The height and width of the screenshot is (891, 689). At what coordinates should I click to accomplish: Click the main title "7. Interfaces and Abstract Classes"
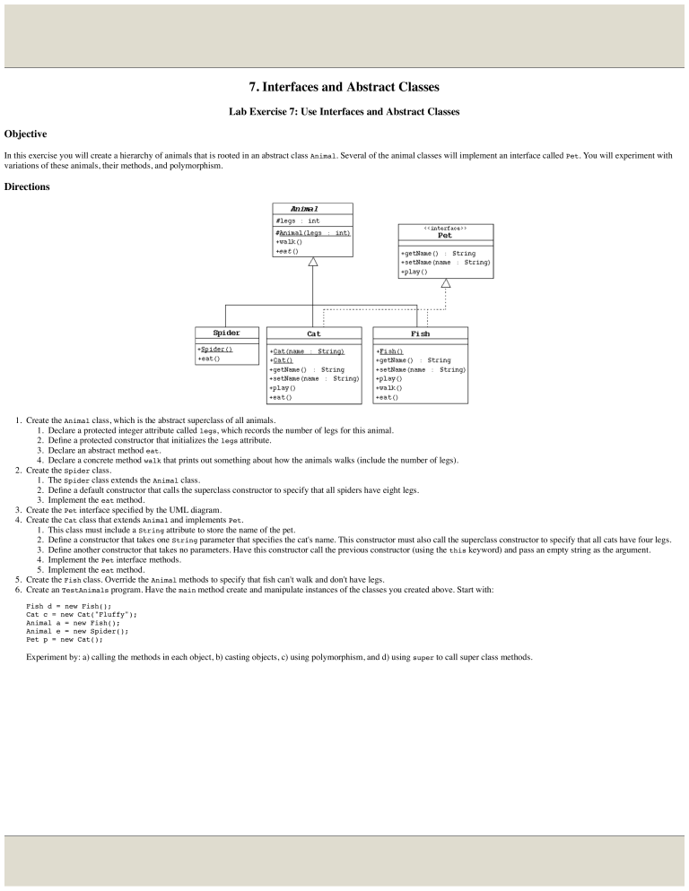pos(344,87)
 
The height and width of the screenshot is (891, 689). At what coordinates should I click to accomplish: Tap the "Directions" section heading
pos(29,186)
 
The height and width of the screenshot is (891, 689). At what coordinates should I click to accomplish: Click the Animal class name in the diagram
pos(312,209)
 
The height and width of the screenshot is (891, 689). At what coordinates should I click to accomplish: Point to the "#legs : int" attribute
pos(297,221)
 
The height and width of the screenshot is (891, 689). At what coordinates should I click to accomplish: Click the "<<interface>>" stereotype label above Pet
pos(445,229)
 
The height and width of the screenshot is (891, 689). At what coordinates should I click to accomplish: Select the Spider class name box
pos(225,333)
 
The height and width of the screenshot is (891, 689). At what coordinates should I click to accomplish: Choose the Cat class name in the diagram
pos(314,333)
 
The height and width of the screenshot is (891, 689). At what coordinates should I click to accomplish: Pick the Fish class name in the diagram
pos(420,333)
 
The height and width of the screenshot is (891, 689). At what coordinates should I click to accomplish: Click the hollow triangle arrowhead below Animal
pos(313,262)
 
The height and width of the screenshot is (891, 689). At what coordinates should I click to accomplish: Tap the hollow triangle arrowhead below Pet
pos(446,283)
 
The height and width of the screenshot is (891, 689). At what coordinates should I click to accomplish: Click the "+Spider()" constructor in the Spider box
pos(215,349)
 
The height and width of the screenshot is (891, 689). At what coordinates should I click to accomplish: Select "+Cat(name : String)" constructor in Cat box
pos(307,351)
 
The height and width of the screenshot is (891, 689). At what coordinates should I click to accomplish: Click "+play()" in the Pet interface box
pos(414,272)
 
